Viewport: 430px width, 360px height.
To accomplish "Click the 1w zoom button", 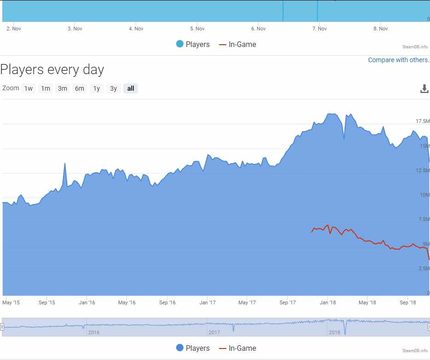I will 29,88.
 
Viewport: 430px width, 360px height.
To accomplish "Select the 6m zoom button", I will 80,88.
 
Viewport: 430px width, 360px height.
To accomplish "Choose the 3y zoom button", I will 113,88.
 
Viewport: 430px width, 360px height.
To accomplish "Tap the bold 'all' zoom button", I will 131,88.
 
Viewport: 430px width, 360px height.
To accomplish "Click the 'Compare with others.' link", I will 398,60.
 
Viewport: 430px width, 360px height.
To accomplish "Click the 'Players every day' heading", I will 52,70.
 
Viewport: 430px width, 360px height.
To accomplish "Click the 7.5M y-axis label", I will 422,219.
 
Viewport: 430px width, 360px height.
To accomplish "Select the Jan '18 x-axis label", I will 327,302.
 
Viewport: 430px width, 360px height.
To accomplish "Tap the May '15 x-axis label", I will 11,302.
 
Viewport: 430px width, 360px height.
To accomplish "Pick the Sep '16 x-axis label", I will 167,302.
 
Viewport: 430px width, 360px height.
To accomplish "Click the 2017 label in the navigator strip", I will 214,332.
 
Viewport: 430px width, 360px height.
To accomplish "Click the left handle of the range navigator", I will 2,327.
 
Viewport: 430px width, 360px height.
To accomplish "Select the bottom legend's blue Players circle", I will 180,348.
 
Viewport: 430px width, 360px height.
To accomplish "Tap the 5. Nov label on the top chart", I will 197,29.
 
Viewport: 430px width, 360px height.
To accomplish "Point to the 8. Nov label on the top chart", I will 380,29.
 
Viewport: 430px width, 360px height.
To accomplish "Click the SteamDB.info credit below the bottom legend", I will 415,351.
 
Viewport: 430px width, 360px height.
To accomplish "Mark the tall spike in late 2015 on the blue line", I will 64,164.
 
